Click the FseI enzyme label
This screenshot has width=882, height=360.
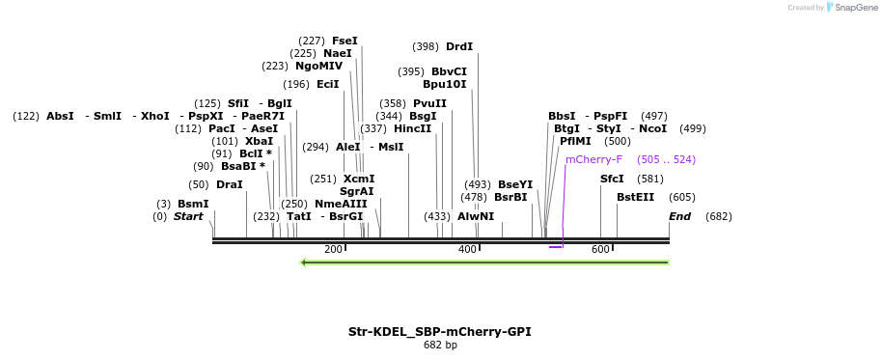[x=345, y=41]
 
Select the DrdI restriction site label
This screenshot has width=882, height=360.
[x=459, y=46]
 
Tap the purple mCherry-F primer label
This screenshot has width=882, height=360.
[x=593, y=159]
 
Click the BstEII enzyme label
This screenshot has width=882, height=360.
[x=635, y=197]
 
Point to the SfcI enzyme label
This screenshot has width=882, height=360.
[x=612, y=179]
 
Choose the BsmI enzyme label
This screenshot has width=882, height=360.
[x=192, y=204]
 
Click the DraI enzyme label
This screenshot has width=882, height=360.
[x=230, y=184]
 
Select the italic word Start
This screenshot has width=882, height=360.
[x=188, y=216]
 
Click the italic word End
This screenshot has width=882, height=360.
[x=679, y=216]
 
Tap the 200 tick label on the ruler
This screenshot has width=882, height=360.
[x=333, y=250]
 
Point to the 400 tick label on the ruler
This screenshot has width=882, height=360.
[x=467, y=250]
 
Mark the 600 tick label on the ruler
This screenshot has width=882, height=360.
[x=600, y=250]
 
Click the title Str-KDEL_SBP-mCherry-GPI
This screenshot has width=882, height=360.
[x=439, y=331]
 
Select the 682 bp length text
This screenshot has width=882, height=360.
[x=440, y=345]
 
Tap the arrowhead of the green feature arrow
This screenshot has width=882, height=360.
[x=304, y=262]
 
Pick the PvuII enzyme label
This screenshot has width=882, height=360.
[x=429, y=103]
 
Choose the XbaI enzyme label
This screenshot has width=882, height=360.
[x=259, y=141]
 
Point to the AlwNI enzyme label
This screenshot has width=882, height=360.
[x=475, y=216]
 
